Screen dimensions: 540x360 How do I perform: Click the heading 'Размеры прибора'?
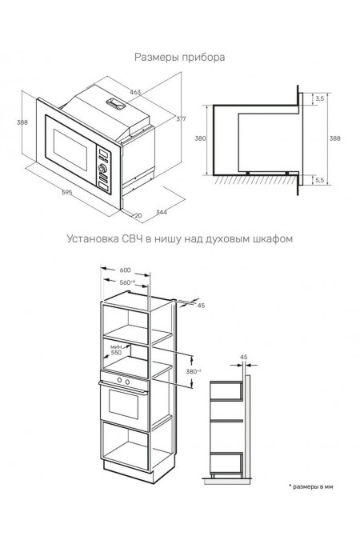click(x=179, y=57)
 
